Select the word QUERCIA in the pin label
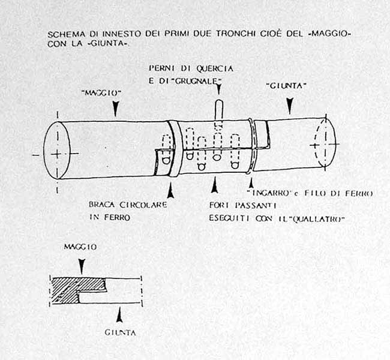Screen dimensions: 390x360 (215, 68)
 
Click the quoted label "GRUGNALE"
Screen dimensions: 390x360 (197, 81)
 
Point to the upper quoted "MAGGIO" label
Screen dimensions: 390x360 (101, 93)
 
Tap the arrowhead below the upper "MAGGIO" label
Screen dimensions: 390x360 (115, 108)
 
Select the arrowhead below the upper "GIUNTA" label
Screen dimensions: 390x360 (290, 106)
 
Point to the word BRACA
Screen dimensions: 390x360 (102, 205)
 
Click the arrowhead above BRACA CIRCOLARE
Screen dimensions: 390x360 (170, 191)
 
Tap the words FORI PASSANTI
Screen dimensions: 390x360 (243, 205)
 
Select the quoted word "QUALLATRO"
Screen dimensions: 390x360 (317, 219)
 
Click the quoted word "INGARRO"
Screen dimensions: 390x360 (269, 193)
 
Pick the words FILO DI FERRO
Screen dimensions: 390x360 (338, 193)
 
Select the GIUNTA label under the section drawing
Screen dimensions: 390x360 (121, 332)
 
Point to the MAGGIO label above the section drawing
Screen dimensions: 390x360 (80, 247)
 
